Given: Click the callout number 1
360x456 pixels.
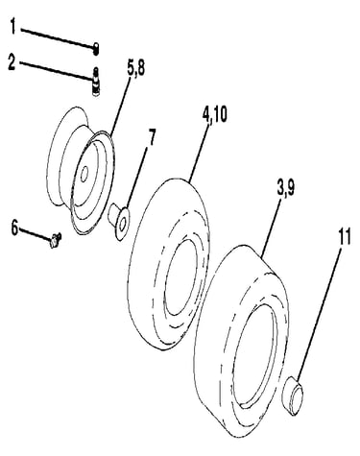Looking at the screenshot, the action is point(12,26).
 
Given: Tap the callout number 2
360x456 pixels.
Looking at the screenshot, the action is point(12,61).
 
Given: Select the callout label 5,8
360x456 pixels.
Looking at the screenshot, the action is point(135,68).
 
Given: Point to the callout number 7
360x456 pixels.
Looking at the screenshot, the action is point(151,137).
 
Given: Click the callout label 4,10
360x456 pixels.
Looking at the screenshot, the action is point(214,114).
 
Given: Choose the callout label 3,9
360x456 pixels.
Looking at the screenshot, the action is point(286,188).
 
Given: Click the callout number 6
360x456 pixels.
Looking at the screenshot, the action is point(14,228).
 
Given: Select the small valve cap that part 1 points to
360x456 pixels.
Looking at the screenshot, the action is point(96,49).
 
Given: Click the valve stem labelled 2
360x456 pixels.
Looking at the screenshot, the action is point(95,82).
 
